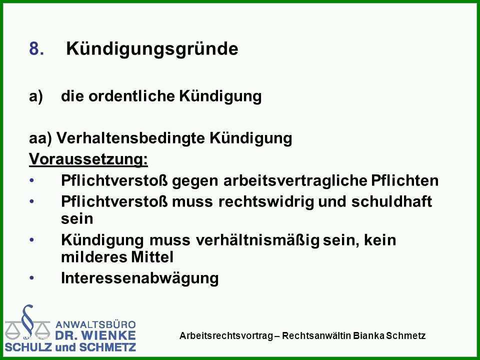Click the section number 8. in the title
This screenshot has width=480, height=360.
(x=36, y=48)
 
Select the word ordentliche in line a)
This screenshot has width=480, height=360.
(x=131, y=96)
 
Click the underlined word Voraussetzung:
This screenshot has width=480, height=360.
(x=88, y=159)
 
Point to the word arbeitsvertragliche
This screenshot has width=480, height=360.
(x=295, y=181)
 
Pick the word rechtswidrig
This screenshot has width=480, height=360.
(x=266, y=201)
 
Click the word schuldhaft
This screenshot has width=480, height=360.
(x=391, y=201)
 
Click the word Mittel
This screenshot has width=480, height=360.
(x=152, y=256)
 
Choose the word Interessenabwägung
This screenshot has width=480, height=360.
(x=140, y=278)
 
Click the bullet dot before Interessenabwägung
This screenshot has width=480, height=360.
(x=32, y=278)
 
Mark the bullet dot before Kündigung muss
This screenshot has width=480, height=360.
(x=32, y=240)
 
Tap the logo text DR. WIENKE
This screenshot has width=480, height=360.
(x=95, y=335)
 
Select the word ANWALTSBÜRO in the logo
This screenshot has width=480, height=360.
(x=95, y=324)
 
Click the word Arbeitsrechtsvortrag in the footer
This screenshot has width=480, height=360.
(x=226, y=336)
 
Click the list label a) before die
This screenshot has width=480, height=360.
(x=36, y=96)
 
